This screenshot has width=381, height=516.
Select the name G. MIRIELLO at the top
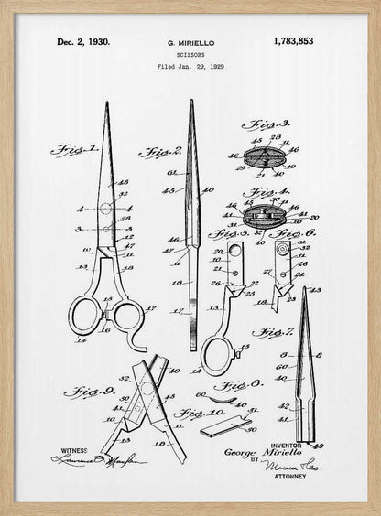click(x=190, y=42)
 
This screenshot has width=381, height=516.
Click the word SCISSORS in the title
click(x=190, y=55)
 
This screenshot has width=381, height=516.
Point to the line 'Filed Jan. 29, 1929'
click(x=190, y=67)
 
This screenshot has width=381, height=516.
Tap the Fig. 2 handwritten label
click(x=160, y=151)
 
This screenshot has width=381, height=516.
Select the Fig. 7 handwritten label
click(x=273, y=331)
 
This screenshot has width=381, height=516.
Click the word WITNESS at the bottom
click(x=74, y=451)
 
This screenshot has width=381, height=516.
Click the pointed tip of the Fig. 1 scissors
click(x=105, y=103)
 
